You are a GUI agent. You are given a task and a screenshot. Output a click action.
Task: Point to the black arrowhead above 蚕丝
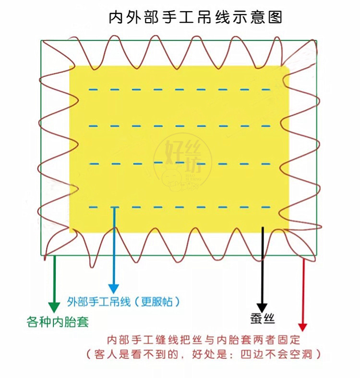pos(262,307)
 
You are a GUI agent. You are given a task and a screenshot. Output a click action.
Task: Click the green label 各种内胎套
pos(57,321)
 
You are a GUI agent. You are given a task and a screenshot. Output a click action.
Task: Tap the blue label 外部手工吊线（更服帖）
pos(124,302)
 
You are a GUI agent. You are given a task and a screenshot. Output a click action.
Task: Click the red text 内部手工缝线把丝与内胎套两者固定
pos(204,340)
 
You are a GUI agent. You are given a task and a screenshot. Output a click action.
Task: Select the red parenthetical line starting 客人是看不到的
pos(204,354)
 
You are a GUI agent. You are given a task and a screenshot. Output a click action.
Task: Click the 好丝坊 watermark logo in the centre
pos(182,161)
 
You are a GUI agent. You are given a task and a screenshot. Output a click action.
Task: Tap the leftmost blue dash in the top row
pos(92,89)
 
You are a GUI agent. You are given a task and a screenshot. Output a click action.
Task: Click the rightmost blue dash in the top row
pos(266,89)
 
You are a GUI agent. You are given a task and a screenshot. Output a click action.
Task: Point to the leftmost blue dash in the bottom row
pos(92,207)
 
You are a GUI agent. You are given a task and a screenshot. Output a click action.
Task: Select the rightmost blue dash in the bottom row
pos(266,207)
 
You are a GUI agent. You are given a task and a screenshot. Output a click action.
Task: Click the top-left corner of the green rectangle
pos(41,40)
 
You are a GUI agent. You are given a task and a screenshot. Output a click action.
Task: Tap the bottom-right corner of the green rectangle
pos(317,255)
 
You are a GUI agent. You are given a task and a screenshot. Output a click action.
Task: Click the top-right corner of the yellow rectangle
pos(288,66)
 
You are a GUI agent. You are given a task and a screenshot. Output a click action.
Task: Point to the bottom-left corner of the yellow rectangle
pos(70,232)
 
